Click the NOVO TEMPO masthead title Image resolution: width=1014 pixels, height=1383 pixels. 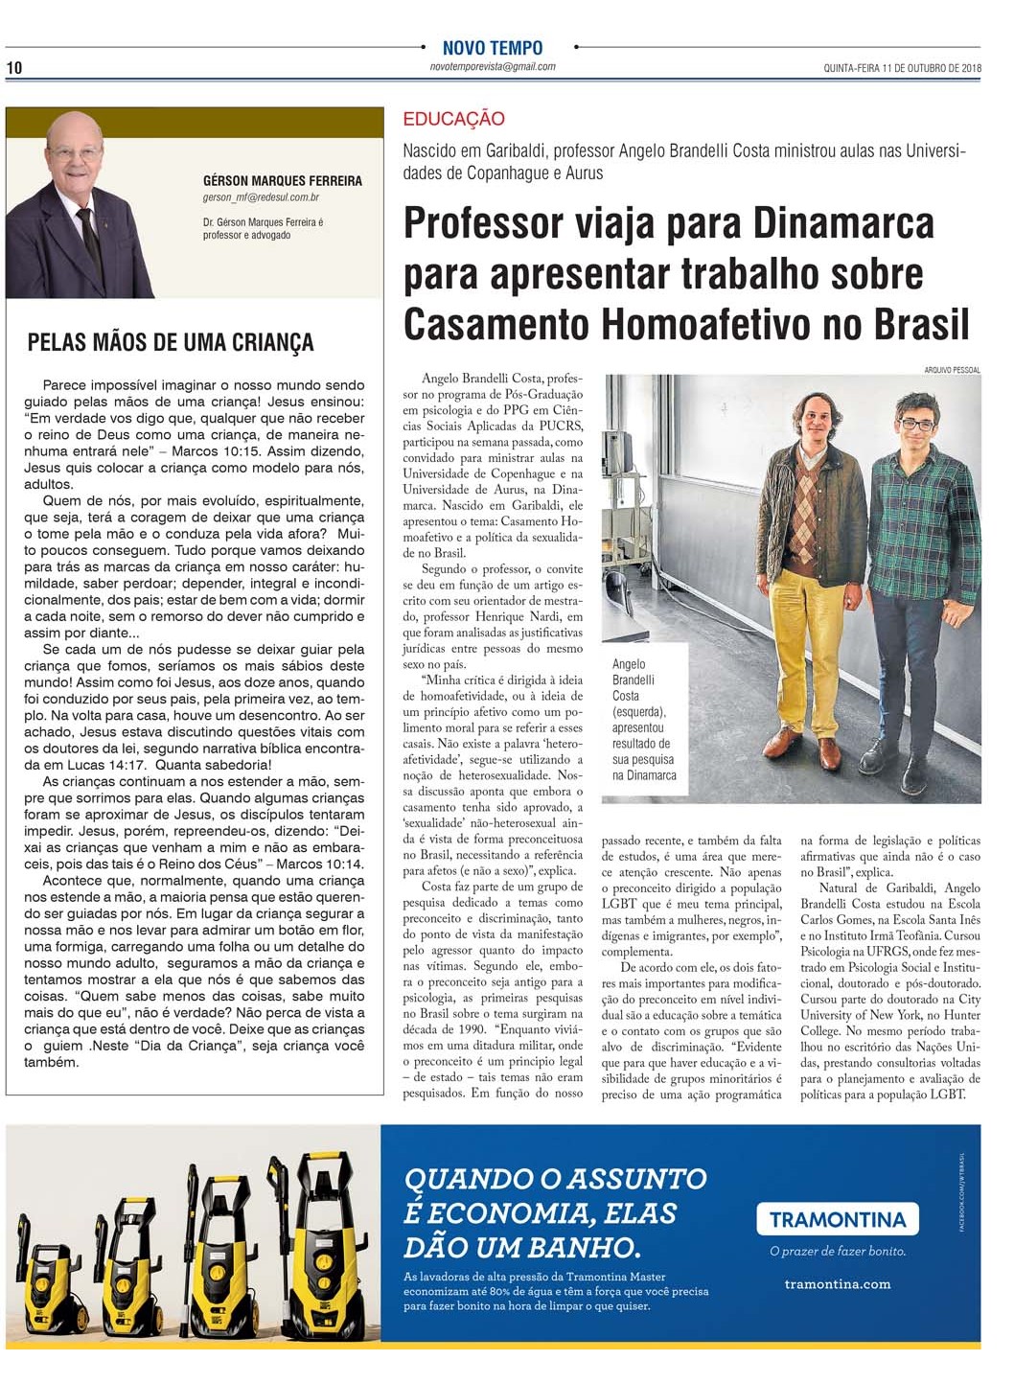tap(493, 47)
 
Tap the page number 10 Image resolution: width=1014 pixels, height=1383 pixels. tap(14, 67)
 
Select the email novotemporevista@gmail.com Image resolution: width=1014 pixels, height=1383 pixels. tap(493, 67)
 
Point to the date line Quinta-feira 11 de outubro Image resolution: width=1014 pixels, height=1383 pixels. tap(902, 68)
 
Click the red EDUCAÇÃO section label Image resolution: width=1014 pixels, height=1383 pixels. tap(453, 119)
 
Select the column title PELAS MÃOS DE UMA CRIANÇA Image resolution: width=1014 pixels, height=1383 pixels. tap(171, 342)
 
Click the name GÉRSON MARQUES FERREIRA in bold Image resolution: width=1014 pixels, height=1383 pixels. tap(283, 180)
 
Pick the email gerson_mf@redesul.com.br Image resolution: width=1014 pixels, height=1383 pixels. tap(261, 197)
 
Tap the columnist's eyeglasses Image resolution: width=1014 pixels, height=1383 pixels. tap(75, 153)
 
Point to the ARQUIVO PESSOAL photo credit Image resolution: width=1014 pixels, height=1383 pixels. tap(952, 370)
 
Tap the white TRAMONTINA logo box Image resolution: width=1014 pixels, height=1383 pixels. tap(838, 1219)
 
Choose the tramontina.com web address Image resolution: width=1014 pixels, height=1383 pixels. tap(837, 1284)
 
